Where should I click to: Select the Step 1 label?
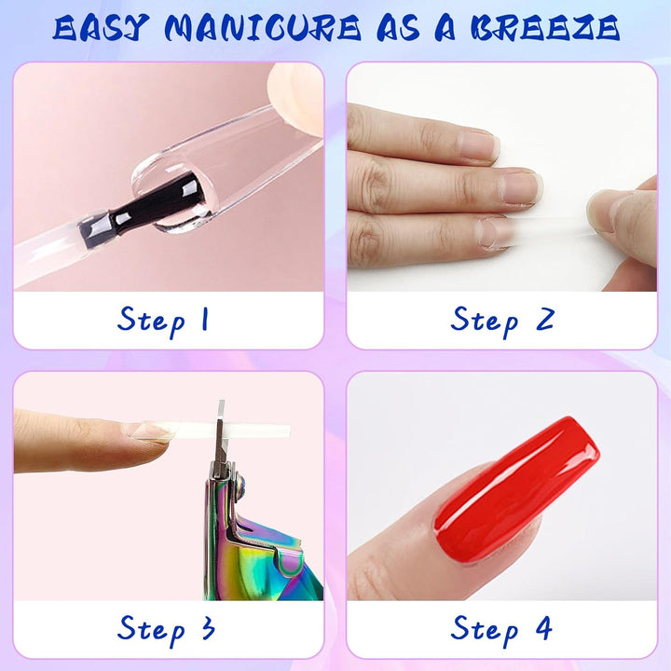click(164, 320)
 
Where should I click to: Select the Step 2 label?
click(502, 320)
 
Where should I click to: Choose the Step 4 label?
click(502, 628)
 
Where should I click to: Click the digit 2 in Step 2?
click(542, 320)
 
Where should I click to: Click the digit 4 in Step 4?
click(542, 628)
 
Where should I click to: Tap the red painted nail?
click(517, 485)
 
